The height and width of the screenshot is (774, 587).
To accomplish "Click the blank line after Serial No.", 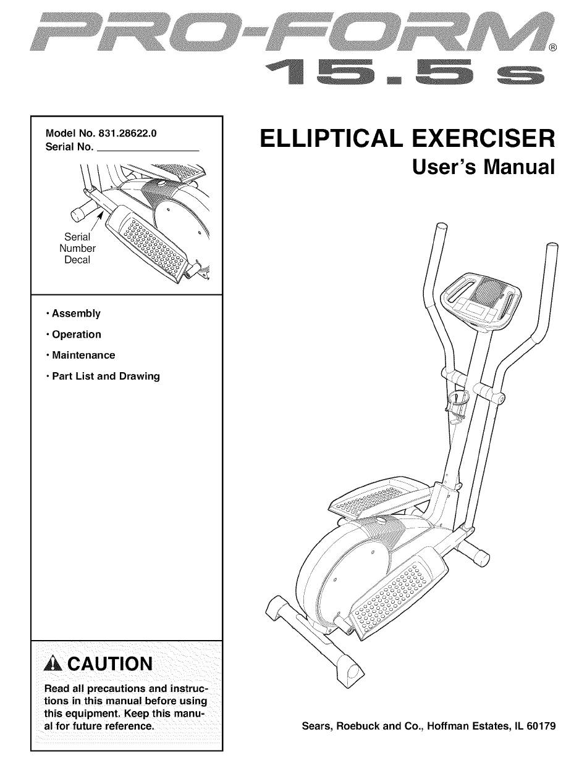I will coord(149,148).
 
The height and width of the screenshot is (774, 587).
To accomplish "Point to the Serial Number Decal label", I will coord(77,248).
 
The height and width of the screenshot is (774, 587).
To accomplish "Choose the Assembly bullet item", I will coord(75,314).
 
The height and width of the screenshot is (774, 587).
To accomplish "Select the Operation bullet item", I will coord(76,335).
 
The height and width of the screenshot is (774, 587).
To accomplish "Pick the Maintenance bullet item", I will coord(83,356).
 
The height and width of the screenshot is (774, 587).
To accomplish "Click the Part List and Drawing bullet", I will coord(106,377).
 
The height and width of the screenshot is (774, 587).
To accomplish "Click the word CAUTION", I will coord(109,664).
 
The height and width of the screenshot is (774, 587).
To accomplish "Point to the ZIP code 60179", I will coord(540,726).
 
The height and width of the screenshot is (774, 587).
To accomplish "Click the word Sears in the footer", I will coord(316,726).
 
